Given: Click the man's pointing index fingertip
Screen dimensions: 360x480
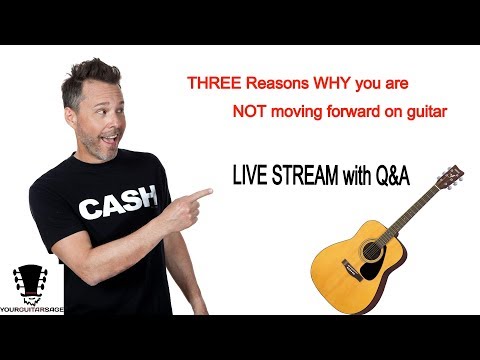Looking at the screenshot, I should [x=211, y=190].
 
